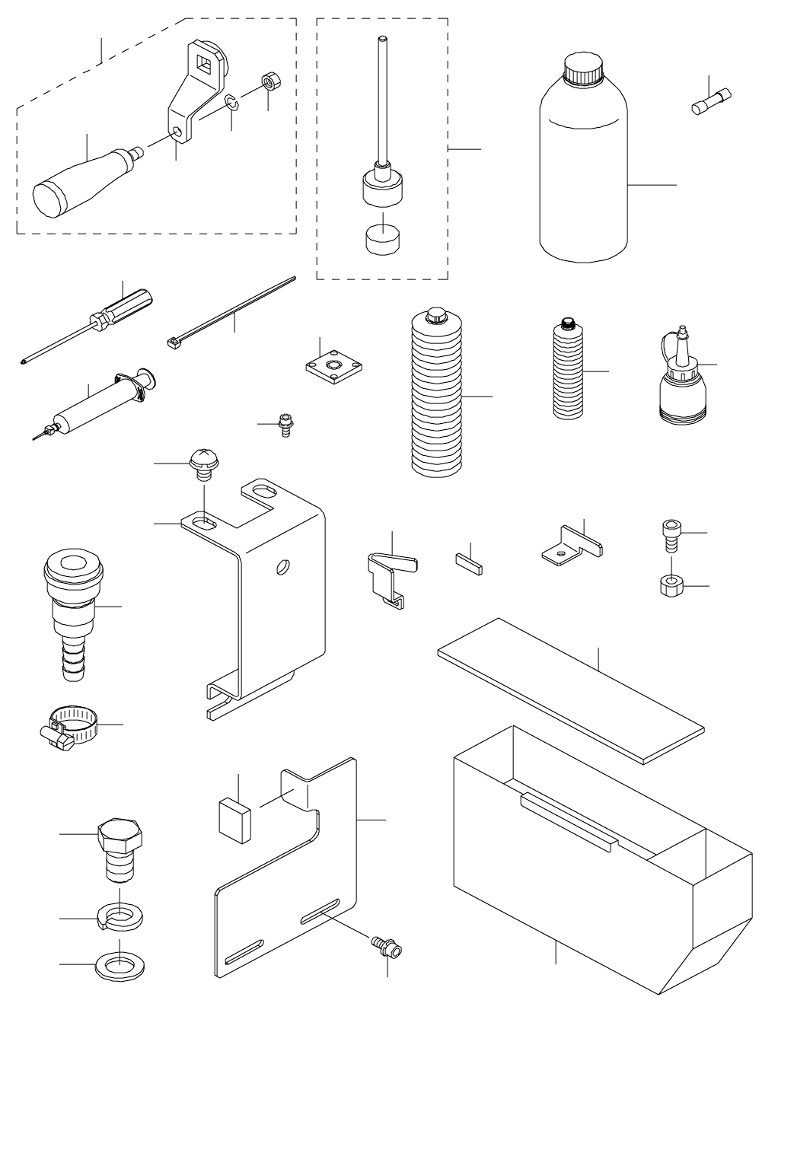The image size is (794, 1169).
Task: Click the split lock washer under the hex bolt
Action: [x=119, y=916]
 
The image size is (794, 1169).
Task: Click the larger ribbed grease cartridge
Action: [x=436, y=396]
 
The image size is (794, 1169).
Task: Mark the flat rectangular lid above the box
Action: [x=570, y=689]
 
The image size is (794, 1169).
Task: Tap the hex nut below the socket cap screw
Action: [x=671, y=585]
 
